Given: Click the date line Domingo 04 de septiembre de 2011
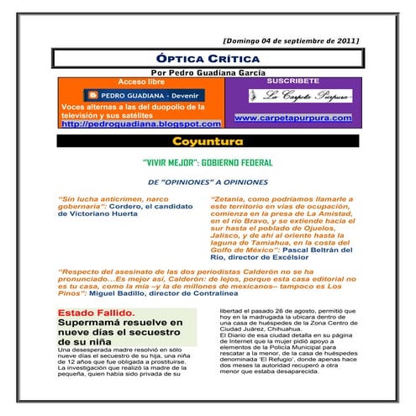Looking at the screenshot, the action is pos(290,40).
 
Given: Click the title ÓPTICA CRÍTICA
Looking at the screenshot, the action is pos(208,59).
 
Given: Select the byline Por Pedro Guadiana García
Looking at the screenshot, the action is pos(208,73).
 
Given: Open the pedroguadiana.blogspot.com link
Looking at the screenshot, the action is pos(140,123).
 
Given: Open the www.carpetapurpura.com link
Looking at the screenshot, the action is pos(292,118).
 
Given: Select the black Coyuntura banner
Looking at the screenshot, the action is pos(208,140).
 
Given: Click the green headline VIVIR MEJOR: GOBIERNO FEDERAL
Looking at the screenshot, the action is pos(208,164).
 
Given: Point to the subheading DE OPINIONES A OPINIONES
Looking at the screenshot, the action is pos(208,182).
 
